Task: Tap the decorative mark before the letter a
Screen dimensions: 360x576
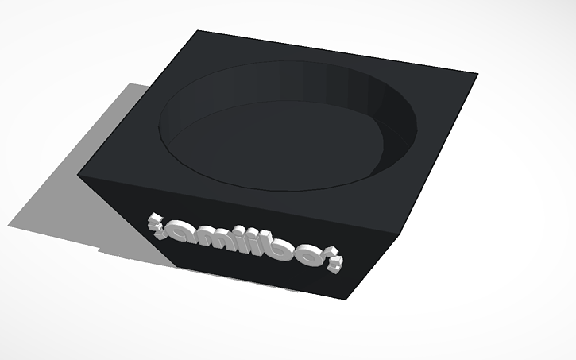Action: coord(153,219)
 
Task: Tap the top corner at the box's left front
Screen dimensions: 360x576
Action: coord(81,171)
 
